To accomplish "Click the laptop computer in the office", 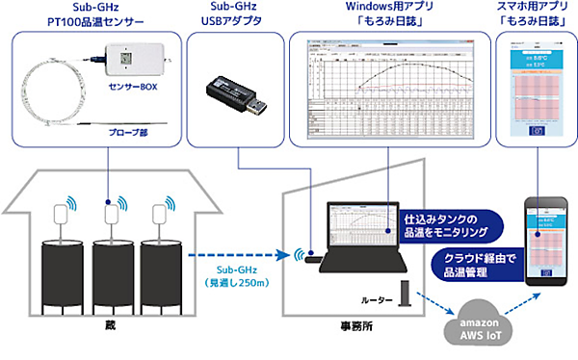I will (x=357, y=236).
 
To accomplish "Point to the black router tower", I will (x=407, y=295).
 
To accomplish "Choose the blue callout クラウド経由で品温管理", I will (x=469, y=266).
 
